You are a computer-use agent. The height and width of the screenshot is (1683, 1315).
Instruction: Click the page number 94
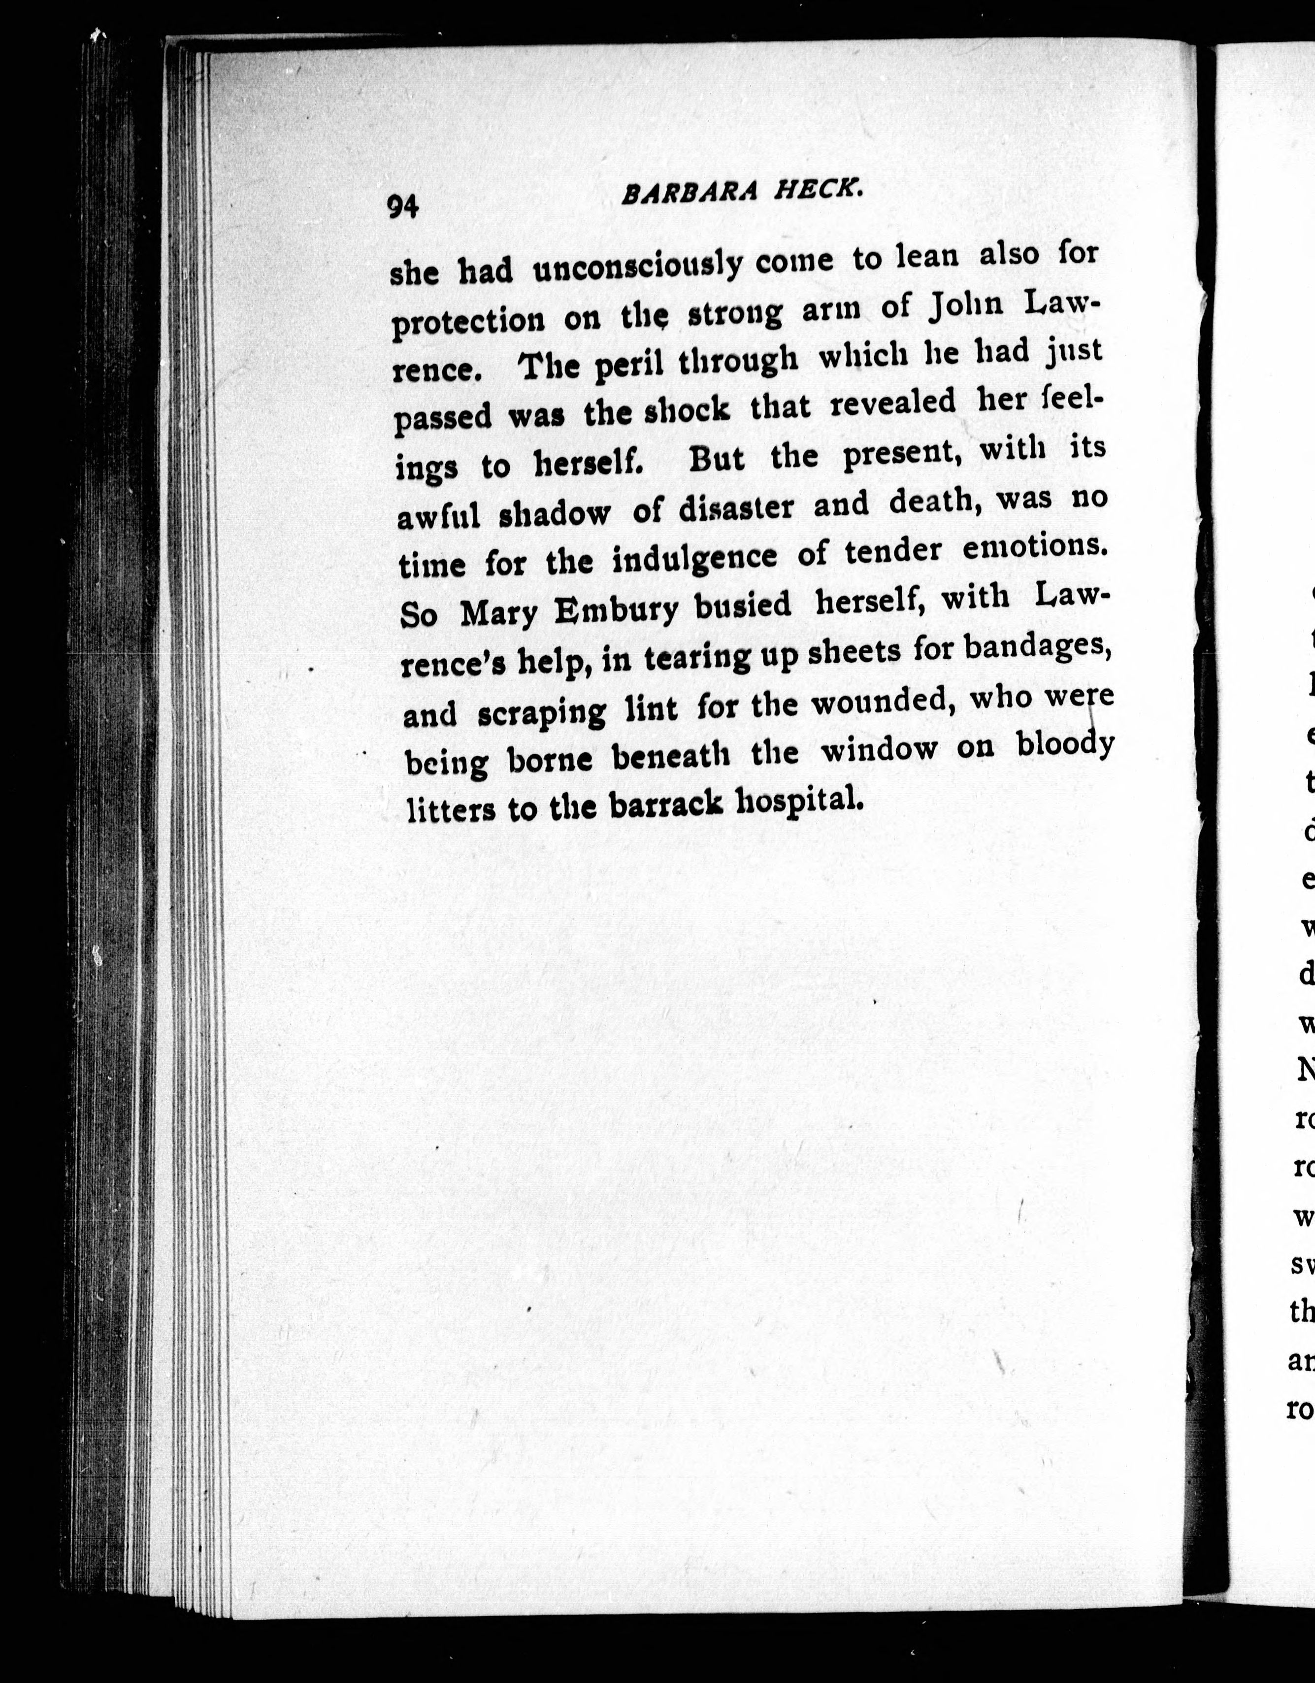coord(402,206)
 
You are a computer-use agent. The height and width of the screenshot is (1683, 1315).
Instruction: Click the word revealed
coord(893,402)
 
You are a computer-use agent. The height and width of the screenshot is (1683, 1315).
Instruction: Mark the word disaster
coord(736,508)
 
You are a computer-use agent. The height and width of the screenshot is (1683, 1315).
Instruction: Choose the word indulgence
coord(694,558)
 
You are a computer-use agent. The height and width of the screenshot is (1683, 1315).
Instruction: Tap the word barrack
coord(665,805)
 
